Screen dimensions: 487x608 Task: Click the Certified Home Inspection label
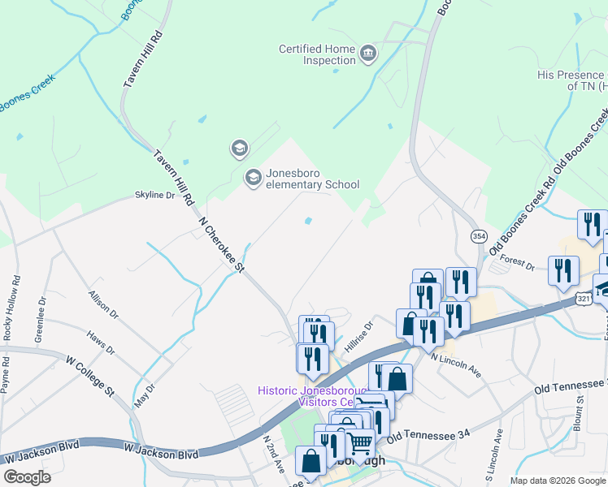(x=317, y=55)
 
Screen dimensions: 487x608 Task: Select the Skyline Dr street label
(x=154, y=196)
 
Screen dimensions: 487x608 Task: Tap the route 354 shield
(x=479, y=235)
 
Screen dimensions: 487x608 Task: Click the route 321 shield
(x=584, y=300)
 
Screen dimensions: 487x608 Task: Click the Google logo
(x=27, y=477)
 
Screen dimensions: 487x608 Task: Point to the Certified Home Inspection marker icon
(x=368, y=54)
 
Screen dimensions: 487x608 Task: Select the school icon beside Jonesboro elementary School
(x=254, y=177)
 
